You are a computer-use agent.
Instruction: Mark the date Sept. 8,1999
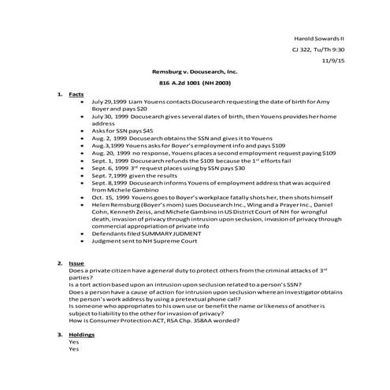[107, 180]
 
